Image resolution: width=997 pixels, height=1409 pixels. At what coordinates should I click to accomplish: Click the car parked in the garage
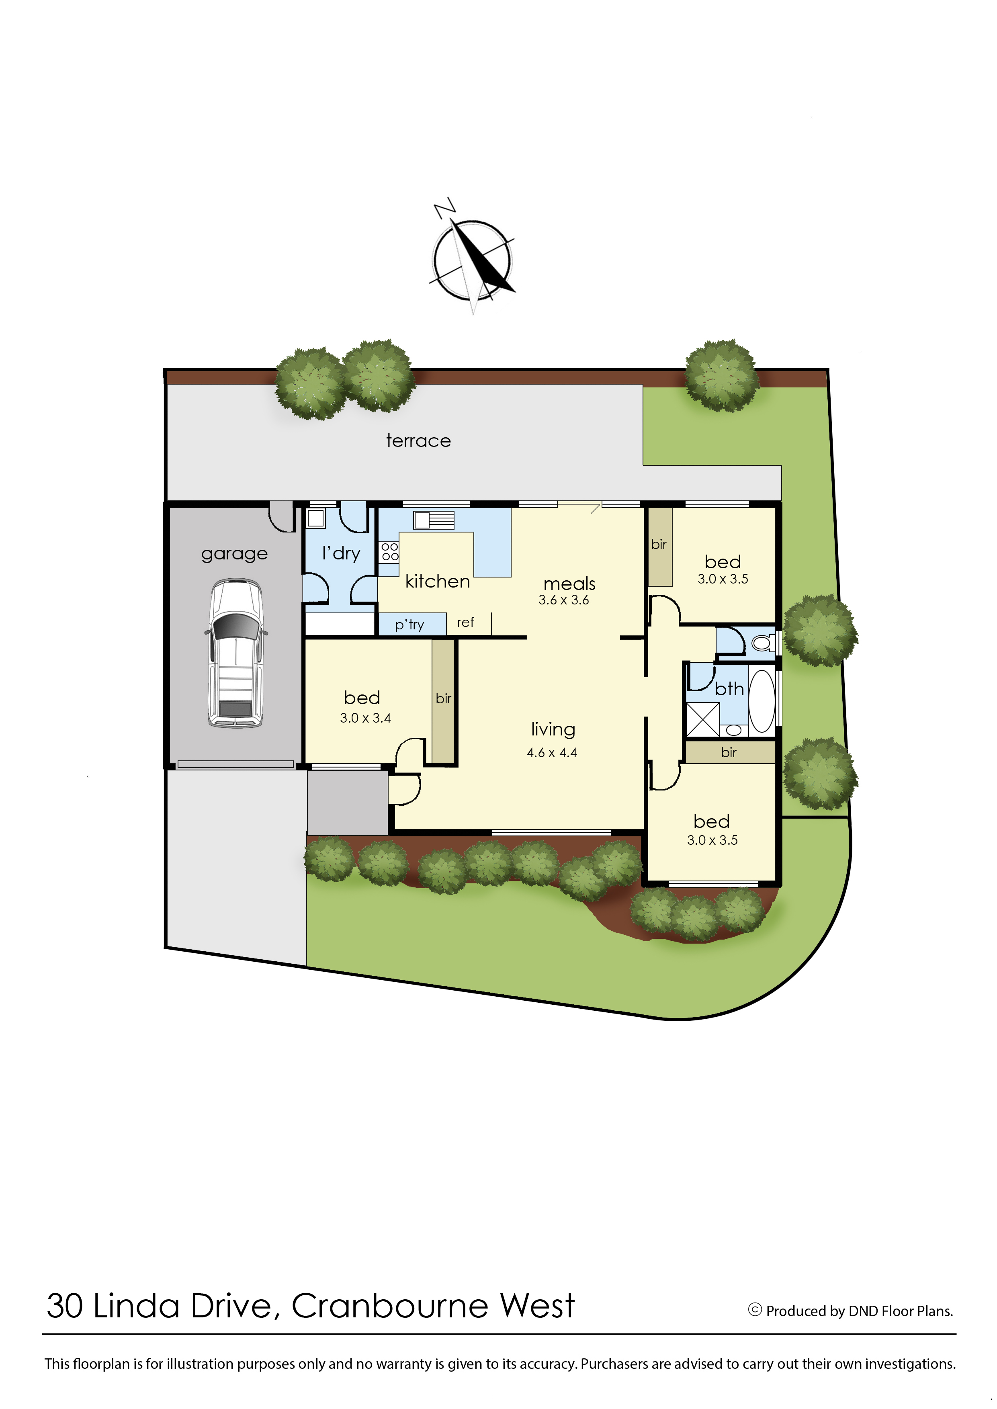(x=236, y=653)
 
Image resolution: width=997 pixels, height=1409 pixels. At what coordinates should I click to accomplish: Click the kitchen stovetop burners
(x=389, y=551)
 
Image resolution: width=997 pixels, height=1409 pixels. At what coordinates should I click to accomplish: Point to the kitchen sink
(x=434, y=520)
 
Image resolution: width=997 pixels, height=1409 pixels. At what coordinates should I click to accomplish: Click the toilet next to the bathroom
(x=764, y=643)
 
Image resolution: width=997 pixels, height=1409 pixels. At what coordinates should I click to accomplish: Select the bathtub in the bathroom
(x=762, y=700)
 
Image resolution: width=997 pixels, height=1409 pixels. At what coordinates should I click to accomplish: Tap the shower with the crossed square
(x=702, y=719)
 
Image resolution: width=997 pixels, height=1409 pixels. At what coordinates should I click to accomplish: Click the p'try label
(x=409, y=625)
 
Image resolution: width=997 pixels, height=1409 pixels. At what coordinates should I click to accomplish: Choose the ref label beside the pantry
(x=465, y=623)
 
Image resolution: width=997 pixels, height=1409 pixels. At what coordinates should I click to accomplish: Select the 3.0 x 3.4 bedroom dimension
(x=365, y=718)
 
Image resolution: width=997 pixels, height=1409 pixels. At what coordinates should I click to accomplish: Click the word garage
(x=235, y=554)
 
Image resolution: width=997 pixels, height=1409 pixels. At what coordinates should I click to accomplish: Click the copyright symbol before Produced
(x=755, y=1310)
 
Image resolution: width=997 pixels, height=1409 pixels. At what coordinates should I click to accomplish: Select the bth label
(x=729, y=690)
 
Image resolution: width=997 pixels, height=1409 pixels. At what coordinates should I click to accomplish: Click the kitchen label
(x=438, y=582)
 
